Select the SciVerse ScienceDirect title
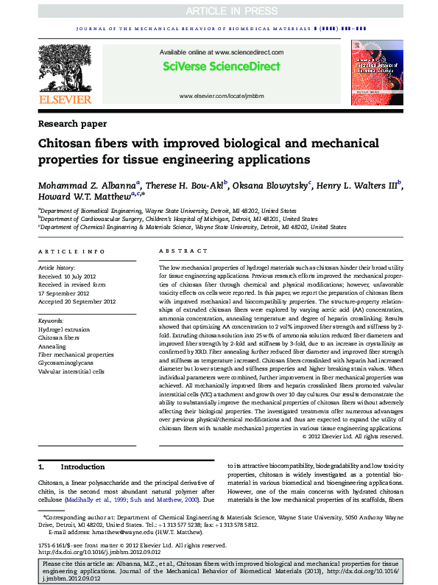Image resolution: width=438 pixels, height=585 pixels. click(221, 66)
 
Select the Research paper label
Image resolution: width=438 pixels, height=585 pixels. click(72, 124)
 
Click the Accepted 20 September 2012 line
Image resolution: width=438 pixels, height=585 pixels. click(77, 301)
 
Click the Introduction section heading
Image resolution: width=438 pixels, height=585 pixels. click(82, 467)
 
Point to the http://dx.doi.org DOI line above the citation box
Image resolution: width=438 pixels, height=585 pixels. click(99, 552)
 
